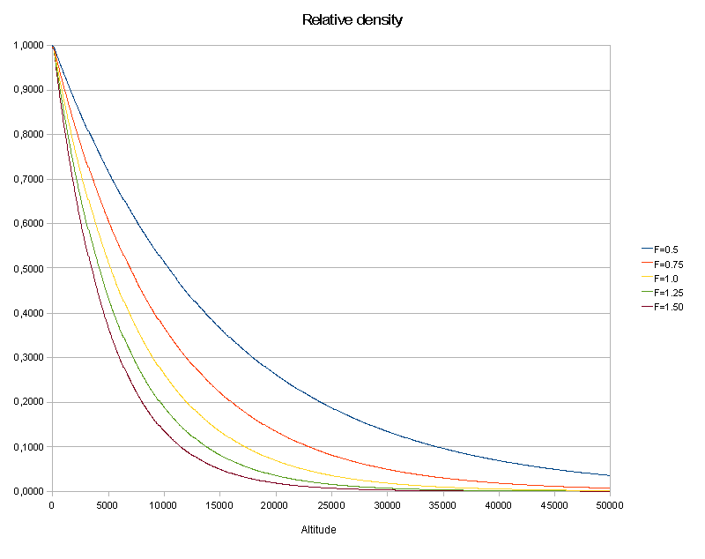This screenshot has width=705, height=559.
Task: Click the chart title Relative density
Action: tap(352, 19)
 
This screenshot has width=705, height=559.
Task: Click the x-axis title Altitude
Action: tap(318, 530)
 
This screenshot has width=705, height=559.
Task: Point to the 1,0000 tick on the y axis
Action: tap(27, 45)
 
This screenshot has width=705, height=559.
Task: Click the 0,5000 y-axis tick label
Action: tap(27, 268)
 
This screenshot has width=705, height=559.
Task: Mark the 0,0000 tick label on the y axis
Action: tap(27, 491)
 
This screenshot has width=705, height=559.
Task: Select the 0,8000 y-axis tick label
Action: tap(27, 134)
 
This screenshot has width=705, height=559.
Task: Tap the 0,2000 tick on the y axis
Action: tap(27, 402)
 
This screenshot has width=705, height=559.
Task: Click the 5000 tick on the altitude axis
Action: tap(108, 505)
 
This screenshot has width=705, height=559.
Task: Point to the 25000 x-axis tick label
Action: tap(331, 505)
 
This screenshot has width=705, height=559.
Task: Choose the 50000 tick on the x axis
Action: tap(610, 505)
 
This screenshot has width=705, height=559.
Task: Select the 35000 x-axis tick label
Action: tap(442, 505)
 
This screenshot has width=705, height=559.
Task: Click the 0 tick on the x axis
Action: tap(53, 505)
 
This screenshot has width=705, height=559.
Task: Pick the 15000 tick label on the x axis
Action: tap(219, 505)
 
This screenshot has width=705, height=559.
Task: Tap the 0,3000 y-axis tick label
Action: tap(27, 357)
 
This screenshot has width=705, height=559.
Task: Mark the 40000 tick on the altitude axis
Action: tap(498, 505)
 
